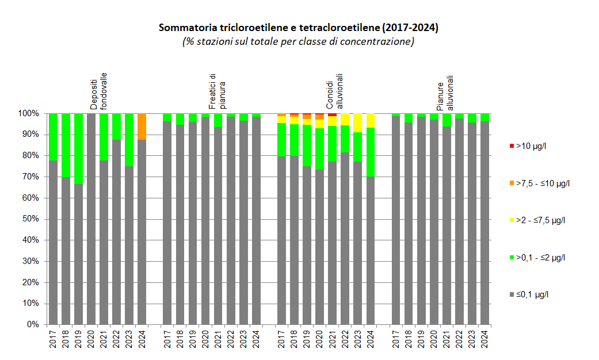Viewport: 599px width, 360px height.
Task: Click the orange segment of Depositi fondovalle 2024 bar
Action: tap(142, 127)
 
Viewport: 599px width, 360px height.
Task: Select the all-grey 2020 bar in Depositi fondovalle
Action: tap(91, 219)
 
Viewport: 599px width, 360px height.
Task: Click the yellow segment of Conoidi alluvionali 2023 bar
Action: tap(358, 123)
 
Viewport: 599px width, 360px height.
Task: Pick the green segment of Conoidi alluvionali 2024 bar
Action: tap(371, 152)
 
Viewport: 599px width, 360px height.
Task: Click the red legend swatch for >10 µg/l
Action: tap(512, 146)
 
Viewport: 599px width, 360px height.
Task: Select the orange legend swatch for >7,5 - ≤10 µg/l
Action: tap(512, 183)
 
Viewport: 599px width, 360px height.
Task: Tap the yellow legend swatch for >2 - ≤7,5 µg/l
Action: tap(512, 220)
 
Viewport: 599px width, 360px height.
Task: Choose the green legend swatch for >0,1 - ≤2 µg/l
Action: tap(512, 258)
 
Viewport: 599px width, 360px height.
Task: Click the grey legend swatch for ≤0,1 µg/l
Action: tap(512, 294)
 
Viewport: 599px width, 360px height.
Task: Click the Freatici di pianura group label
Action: tap(216, 92)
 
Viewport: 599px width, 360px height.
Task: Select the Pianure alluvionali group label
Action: tap(445, 92)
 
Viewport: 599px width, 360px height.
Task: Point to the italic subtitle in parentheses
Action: tap(299, 41)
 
